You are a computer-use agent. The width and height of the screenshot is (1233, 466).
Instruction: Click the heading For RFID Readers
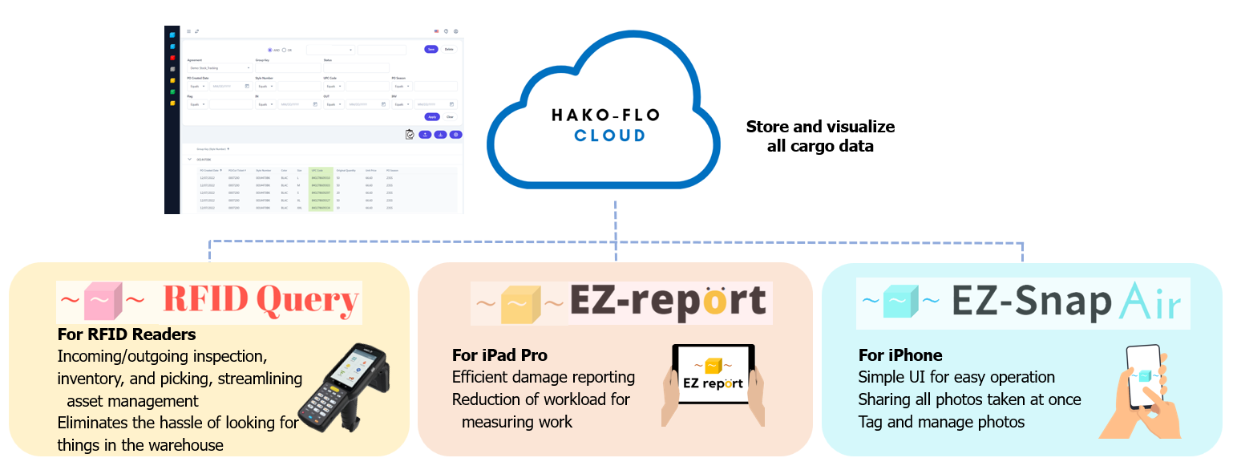[127, 334]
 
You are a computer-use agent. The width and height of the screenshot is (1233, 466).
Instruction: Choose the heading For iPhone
[900, 355]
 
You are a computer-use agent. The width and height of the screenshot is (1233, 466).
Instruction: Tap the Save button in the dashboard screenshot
[431, 49]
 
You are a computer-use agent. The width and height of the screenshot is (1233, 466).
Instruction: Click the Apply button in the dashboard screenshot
[431, 116]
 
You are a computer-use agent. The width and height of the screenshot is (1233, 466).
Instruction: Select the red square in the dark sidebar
[172, 58]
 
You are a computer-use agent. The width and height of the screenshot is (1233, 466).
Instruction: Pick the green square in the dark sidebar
[172, 91]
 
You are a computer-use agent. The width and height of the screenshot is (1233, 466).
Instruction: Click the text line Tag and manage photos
[941, 422]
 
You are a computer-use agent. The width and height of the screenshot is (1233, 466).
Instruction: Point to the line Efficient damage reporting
[544, 377]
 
